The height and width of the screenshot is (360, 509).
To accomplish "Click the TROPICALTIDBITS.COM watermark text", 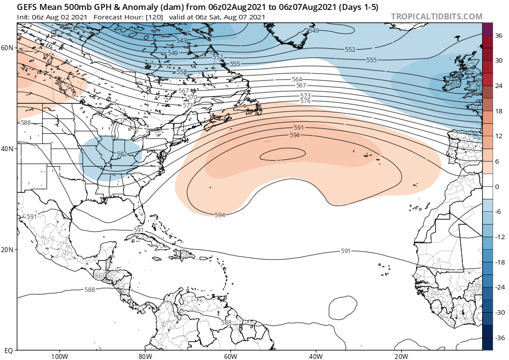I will tap(436, 16).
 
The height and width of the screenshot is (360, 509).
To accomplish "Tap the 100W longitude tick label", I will tap(59, 356).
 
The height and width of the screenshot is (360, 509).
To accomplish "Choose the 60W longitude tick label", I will tap(230, 356).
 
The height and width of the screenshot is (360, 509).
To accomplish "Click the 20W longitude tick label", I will tap(401, 356).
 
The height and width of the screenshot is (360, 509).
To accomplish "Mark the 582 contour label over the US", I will tap(122, 155).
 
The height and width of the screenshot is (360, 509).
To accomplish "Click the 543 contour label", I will tap(182, 41).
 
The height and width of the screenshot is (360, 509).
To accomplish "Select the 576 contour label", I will tap(305, 101).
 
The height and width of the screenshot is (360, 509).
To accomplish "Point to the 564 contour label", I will tap(297, 80).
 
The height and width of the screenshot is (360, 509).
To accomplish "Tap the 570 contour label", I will tap(192, 97).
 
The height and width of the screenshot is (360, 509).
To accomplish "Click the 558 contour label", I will tap(182, 73).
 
